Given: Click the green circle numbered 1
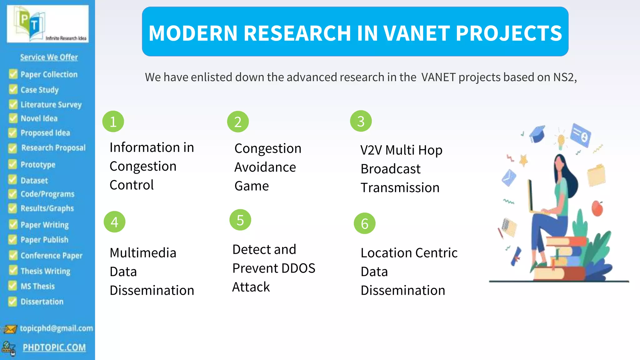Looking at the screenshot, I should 113,122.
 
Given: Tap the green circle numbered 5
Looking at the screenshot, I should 240,220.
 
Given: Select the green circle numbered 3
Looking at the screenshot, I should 361,121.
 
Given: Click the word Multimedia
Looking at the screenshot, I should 143,253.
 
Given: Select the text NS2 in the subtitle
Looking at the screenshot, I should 564,77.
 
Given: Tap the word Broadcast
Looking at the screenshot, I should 390,169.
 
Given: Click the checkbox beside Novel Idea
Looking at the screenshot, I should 13,118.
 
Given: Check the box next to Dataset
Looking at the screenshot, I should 12,180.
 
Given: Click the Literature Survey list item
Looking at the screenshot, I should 51,104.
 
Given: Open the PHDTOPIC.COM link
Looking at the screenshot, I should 54,347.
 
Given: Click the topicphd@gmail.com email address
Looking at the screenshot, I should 56,328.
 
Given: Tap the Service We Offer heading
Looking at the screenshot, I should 49,57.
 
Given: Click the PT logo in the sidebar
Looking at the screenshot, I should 48,24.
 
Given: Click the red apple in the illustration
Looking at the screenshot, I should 597,208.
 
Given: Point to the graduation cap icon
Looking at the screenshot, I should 537,134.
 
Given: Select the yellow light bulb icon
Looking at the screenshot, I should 561,140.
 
